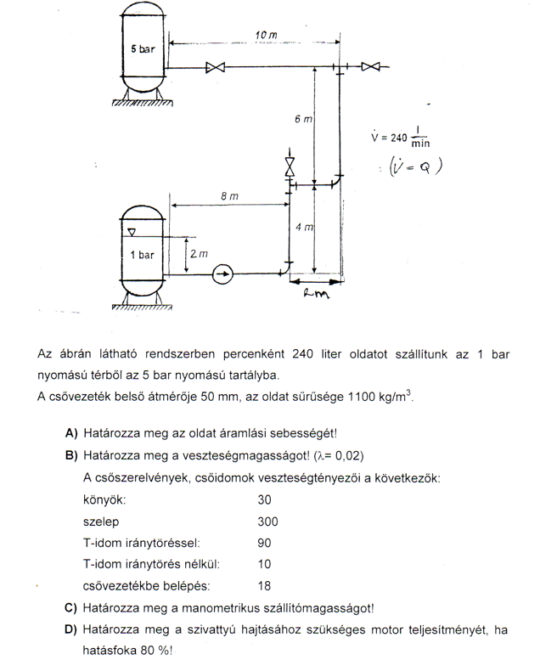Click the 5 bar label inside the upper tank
coord(143,50)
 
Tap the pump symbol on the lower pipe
coord(222,274)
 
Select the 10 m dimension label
coord(266,35)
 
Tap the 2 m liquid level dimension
coord(196,254)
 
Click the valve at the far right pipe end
coord(369,67)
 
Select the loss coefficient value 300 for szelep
coord(267,522)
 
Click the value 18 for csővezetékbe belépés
coord(263,585)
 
